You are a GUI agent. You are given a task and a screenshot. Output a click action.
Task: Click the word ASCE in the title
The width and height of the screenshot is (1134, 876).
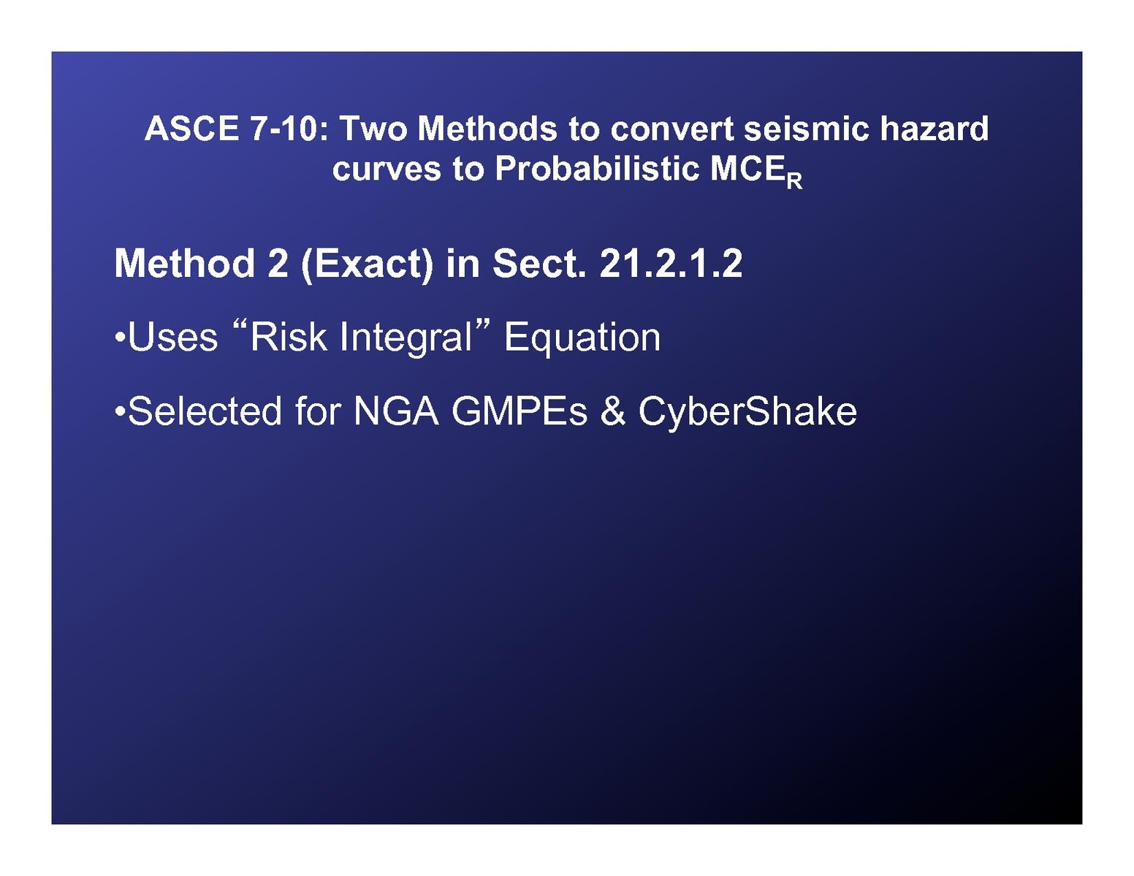point(191,128)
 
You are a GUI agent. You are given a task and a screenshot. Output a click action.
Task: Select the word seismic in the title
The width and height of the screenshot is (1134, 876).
point(806,128)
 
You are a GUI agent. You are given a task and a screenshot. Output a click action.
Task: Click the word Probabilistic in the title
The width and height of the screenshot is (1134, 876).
point(596,168)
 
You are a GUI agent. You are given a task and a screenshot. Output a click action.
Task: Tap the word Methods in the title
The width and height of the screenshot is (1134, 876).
point(487,128)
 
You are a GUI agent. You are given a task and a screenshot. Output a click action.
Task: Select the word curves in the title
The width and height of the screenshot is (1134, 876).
point(387,170)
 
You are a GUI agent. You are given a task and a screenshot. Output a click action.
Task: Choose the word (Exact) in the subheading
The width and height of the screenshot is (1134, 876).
point(367,264)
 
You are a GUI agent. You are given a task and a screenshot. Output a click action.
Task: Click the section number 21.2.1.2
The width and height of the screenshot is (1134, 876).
point(671,263)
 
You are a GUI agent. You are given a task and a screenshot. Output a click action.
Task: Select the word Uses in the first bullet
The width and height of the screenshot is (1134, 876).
point(172,338)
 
